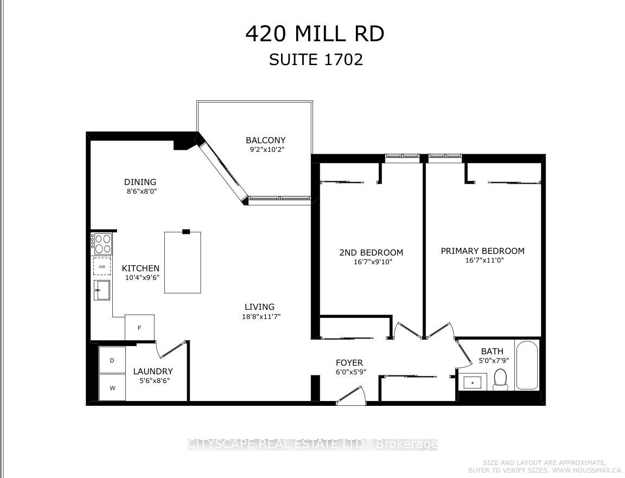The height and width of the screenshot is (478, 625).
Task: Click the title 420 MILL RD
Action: point(315,34)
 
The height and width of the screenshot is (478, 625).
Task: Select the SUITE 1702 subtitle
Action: point(316,60)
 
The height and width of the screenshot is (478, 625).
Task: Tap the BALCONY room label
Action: point(265,141)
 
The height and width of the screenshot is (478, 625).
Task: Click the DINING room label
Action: point(141,182)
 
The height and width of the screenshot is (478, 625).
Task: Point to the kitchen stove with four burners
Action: point(101,244)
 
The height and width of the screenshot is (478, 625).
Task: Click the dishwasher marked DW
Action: point(102,266)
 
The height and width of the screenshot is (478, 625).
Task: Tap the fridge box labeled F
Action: point(139,327)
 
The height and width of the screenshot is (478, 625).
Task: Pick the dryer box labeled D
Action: point(112,360)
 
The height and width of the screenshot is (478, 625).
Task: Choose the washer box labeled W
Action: point(112,387)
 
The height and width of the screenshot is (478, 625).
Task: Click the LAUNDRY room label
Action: point(153,372)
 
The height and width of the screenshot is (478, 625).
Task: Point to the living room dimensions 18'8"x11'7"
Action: point(259,317)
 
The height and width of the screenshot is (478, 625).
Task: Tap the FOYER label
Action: point(349,363)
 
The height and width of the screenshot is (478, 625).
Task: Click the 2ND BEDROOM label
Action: point(371,252)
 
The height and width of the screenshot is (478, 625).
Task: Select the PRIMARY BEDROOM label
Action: point(483,251)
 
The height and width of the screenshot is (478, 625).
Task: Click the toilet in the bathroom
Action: point(500,380)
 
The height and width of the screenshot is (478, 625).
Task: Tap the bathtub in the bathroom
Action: point(527,365)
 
